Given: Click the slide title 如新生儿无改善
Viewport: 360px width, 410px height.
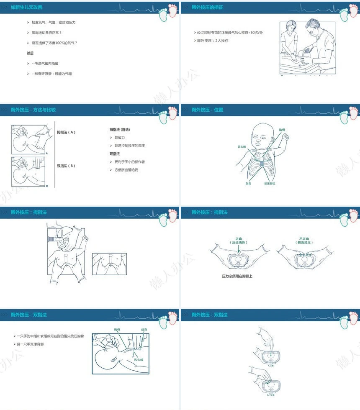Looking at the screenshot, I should [26, 8].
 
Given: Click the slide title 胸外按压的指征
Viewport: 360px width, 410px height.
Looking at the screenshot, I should [207, 8].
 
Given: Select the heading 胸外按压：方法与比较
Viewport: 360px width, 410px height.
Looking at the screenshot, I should [33, 110].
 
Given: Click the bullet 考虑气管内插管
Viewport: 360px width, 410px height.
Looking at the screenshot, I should [46, 64].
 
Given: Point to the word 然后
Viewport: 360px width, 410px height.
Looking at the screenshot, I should [30, 53].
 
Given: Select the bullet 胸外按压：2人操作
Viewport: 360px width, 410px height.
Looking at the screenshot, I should [213, 41].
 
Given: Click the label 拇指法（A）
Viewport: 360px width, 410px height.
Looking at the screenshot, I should [66, 132].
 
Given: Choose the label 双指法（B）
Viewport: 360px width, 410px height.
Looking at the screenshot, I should [66, 166].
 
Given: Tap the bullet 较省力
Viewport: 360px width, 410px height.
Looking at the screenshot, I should [120, 138].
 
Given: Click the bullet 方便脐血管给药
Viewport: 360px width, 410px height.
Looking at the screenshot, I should [127, 170].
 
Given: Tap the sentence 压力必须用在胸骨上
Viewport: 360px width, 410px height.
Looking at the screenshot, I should [237, 276].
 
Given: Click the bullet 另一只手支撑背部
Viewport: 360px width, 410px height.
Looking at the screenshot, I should [30, 344].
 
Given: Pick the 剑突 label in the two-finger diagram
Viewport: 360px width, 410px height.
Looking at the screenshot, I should [144, 330].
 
